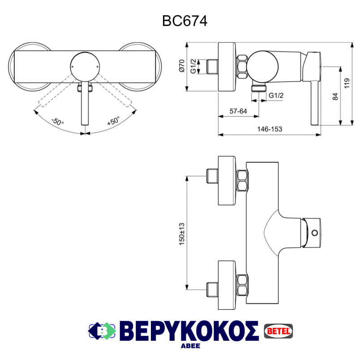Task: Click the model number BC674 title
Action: click(x=184, y=21)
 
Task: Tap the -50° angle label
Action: click(x=57, y=121)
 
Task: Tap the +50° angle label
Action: click(x=113, y=121)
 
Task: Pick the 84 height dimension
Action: click(x=336, y=96)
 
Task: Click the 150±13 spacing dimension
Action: click(x=182, y=233)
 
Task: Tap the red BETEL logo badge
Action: click(x=279, y=330)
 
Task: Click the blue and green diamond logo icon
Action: click(x=103, y=330)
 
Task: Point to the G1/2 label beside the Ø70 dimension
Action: click(x=193, y=66)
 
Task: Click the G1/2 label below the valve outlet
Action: click(x=276, y=95)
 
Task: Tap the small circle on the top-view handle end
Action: click(x=315, y=233)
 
